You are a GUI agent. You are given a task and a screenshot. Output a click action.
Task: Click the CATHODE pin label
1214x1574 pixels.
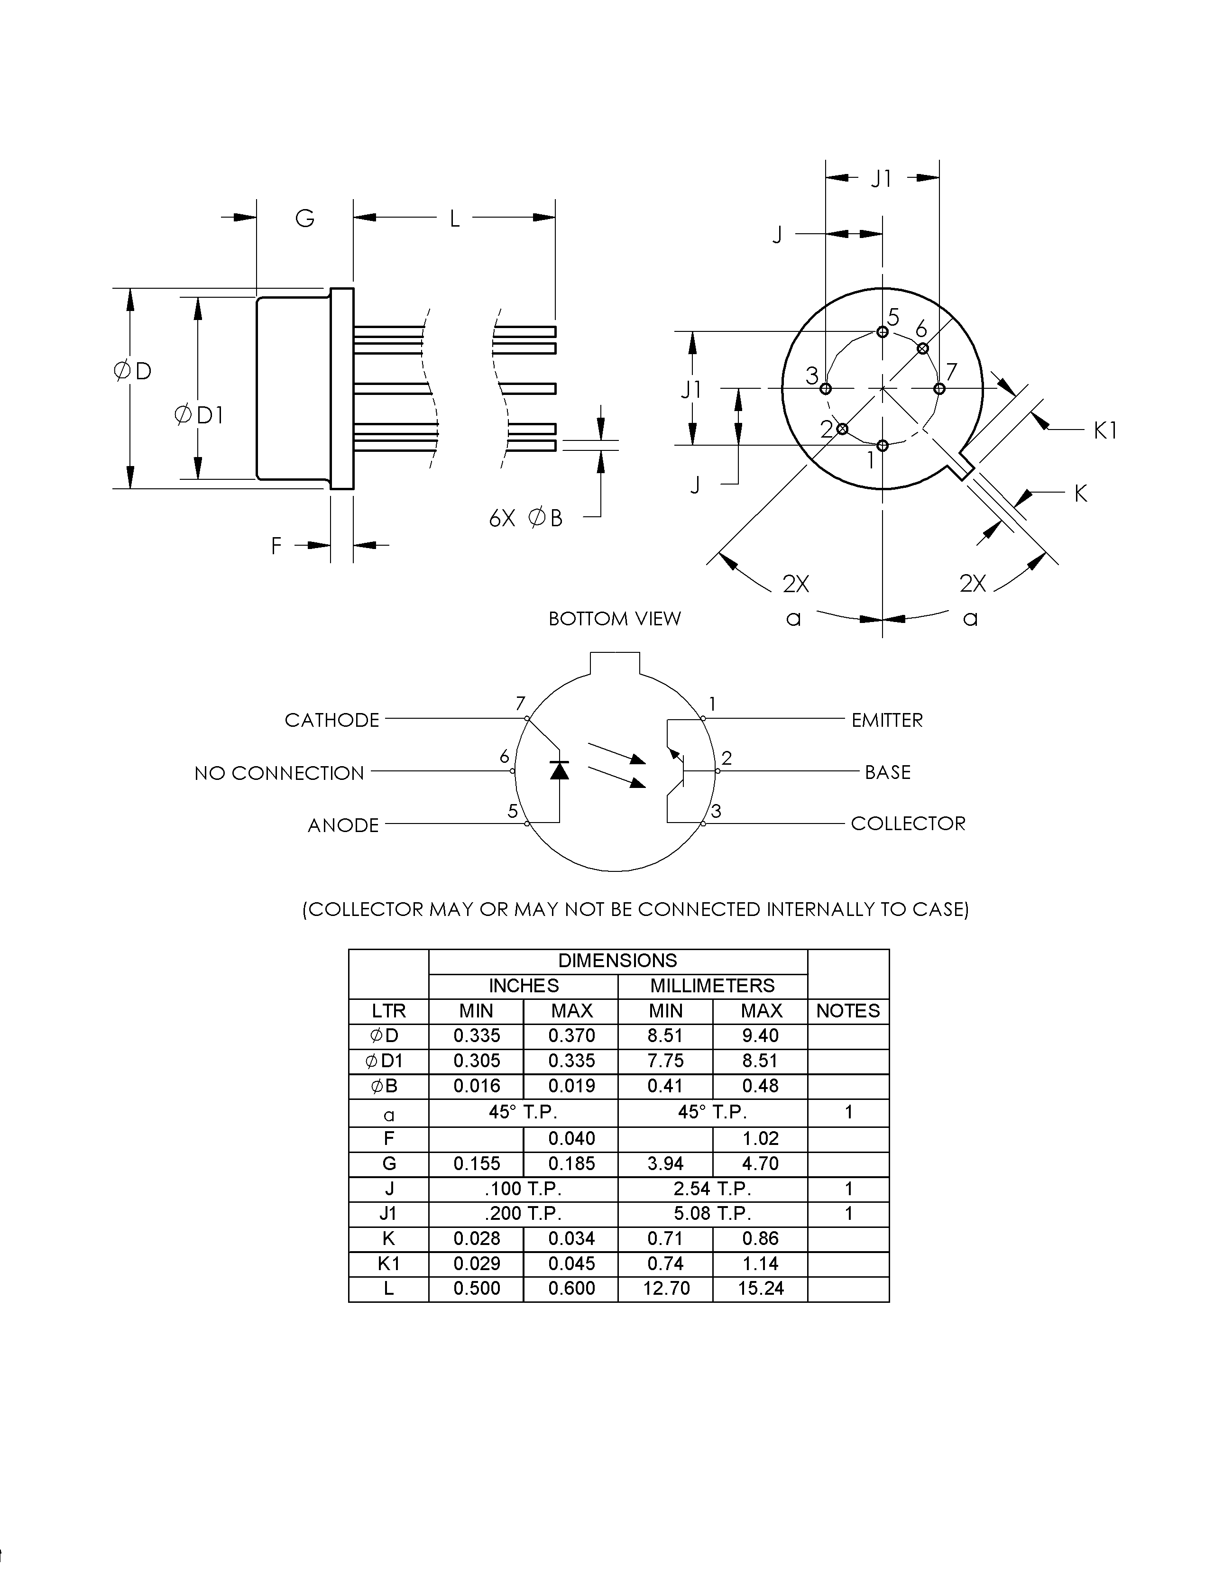coord(331,720)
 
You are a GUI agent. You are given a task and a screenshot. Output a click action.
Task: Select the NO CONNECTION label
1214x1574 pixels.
coord(279,773)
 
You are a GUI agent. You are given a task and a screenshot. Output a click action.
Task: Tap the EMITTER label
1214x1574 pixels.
coord(887,720)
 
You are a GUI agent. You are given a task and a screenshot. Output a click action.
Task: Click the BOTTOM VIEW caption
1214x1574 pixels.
coord(614,618)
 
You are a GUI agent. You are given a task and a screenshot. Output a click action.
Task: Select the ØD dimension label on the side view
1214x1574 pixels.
coord(133,371)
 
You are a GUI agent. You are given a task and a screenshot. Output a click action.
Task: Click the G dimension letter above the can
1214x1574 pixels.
coord(305,219)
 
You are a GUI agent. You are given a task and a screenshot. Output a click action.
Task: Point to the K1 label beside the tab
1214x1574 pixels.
coord(1105,430)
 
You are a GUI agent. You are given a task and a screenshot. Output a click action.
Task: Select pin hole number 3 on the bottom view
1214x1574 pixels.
coord(826,388)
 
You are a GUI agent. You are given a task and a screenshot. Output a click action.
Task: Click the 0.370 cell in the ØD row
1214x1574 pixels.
coord(571,1035)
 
